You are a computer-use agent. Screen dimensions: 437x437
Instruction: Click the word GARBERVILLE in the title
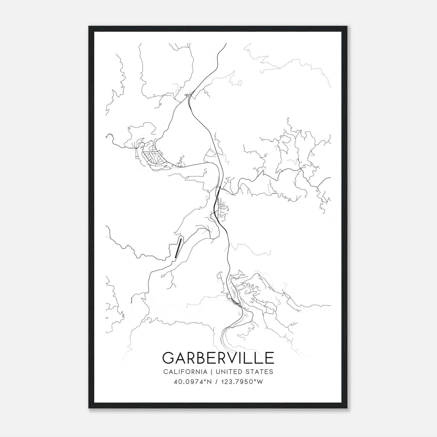click(218, 358)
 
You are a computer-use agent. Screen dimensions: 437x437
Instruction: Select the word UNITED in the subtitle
click(229, 372)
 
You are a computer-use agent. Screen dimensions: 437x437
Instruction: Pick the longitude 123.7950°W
click(241, 382)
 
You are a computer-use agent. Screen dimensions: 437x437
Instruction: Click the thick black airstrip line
click(178, 247)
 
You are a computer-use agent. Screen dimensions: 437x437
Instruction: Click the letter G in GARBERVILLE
click(169, 358)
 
